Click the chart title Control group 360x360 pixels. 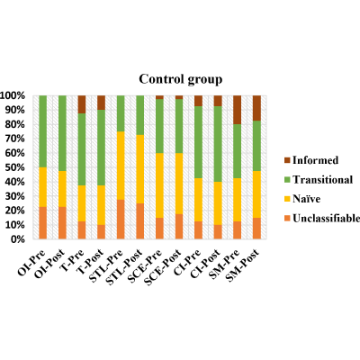point(181,79)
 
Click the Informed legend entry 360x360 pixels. point(311,160)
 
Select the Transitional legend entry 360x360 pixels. point(319,180)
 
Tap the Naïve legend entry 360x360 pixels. point(302,199)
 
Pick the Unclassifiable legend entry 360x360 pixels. point(322,218)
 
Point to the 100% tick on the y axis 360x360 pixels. point(13,96)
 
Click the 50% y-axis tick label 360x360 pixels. point(15,167)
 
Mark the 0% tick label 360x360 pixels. point(17,239)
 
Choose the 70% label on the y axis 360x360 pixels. point(15,139)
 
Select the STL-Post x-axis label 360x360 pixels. point(124,267)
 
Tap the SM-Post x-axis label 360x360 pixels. point(242,265)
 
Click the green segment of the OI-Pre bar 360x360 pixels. point(43,131)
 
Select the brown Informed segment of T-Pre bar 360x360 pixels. point(82,104)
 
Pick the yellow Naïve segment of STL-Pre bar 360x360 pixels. point(121,166)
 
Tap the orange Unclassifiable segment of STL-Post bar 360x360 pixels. point(140,221)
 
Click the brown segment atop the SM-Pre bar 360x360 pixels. point(238,110)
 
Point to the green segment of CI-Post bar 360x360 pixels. point(218,144)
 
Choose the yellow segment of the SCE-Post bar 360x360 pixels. point(179,184)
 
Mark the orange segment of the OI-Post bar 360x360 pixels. point(62,223)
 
